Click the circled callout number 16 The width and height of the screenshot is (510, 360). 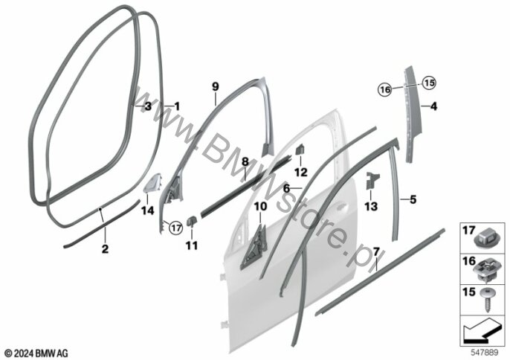385,89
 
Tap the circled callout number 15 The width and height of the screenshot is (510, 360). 430,83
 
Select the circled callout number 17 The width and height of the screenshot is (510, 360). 176,228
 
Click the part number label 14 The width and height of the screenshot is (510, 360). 148,210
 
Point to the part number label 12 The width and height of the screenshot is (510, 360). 301,172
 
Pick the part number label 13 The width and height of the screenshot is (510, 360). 371,206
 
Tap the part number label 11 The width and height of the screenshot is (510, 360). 192,245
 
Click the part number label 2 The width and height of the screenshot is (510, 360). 105,249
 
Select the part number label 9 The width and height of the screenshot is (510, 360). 216,87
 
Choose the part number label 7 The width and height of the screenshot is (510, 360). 376,251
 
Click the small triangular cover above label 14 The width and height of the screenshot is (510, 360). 153,183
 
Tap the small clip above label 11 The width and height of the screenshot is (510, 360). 191,222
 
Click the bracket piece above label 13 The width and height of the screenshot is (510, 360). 372,181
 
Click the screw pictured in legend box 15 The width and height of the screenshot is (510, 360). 487,300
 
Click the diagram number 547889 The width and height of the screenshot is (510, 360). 485,353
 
